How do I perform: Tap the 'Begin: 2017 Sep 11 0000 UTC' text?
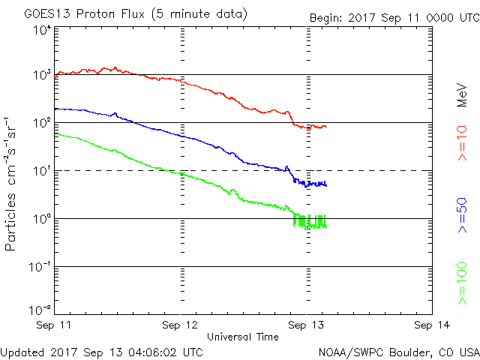(393, 17)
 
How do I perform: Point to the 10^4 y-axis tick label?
(41, 31)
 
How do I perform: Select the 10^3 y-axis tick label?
(41, 75)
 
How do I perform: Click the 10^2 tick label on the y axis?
(41, 122)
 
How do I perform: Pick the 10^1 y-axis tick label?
(41, 170)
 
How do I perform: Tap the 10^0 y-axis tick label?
(41, 218)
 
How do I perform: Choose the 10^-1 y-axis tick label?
(40, 266)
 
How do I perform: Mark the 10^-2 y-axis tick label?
(40, 310)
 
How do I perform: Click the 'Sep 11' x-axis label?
(55, 325)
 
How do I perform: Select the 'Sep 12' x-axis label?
(181, 325)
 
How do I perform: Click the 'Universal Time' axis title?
(243, 337)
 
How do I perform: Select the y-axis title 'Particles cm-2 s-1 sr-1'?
(13, 183)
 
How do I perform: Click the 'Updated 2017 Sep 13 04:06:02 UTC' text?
(102, 352)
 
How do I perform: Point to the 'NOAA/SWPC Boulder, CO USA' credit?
(398, 352)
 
